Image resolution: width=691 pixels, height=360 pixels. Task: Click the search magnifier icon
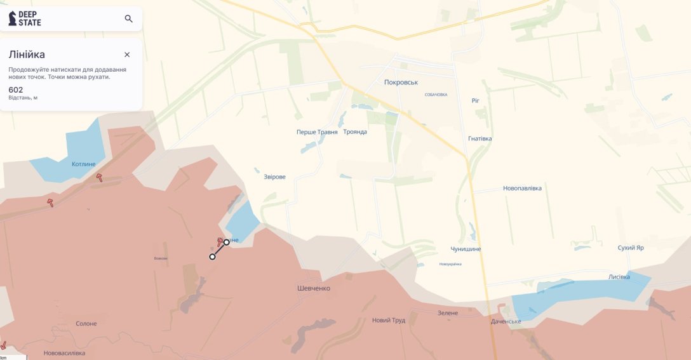click(x=128, y=18)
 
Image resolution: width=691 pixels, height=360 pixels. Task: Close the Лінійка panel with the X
click(x=127, y=55)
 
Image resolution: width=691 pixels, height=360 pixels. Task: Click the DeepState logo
click(x=25, y=18)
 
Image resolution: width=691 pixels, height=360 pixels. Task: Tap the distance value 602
click(x=16, y=90)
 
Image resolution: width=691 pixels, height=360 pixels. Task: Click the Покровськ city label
click(x=401, y=83)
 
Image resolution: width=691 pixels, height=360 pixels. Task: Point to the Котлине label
click(x=84, y=164)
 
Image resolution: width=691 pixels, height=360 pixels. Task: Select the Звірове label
click(x=274, y=177)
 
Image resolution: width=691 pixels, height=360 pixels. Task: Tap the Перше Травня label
click(x=316, y=132)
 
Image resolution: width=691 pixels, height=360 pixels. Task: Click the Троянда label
click(x=355, y=132)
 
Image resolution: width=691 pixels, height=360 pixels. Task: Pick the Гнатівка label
click(x=480, y=138)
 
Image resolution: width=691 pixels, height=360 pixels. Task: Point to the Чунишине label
click(x=466, y=249)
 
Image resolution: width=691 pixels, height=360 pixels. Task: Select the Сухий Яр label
click(x=631, y=248)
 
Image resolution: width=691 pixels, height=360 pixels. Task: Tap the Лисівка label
click(x=619, y=277)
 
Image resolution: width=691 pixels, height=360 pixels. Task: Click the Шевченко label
click(x=314, y=288)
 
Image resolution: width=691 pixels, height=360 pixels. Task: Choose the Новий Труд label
click(x=389, y=320)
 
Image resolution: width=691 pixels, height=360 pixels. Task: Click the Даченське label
click(x=506, y=321)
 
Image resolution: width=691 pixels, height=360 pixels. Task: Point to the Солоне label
click(x=86, y=324)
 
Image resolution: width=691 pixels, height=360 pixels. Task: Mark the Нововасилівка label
click(x=64, y=353)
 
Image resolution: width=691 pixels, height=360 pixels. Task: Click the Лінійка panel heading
click(x=27, y=55)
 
